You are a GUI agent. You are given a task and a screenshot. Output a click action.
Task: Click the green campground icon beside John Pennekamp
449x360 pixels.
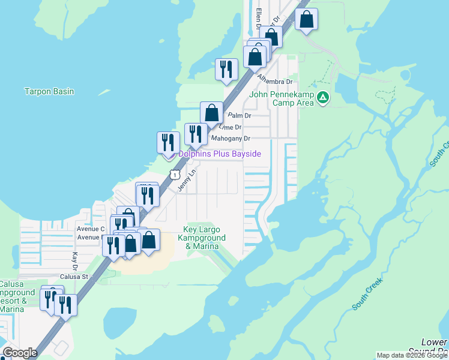pos(323,97)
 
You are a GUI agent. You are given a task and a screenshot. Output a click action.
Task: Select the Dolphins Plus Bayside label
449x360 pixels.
pos(220,154)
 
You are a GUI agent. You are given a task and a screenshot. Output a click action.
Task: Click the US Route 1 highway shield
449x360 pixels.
pos(173,173)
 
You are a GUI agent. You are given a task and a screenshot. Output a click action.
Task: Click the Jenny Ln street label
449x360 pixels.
pos(187,180)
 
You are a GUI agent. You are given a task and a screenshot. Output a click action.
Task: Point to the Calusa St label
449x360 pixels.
pos(74,277)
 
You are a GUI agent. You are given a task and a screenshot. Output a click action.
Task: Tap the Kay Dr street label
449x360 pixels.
pos(75,260)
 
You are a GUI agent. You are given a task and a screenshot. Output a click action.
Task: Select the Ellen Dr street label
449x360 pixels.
pos(259,18)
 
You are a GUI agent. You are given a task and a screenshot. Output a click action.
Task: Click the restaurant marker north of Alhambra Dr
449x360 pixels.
pos(226,69)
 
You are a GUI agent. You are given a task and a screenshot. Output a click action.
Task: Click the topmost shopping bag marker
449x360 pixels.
pos(306,19)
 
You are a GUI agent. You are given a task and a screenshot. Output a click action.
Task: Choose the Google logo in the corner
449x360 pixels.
pos(20,353)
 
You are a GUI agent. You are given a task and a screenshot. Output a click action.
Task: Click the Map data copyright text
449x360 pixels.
pos(412,355)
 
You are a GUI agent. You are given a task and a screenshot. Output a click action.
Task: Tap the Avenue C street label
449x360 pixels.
pos(91,229)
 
